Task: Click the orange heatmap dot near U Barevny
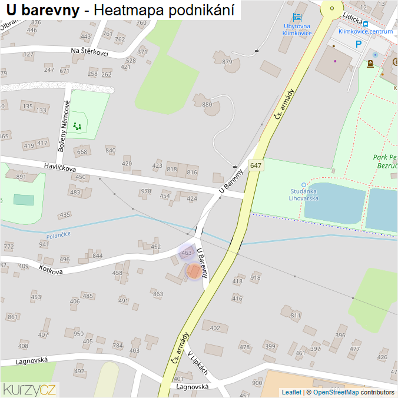pyautogui.click(x=193, y=271)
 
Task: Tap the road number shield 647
pyautogui.click(x=255, y=166)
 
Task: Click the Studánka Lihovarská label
pyautogui.click(x=304, y=194)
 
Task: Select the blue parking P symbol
pyautogui.click(x=358, y=44)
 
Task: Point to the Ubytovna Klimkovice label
pyautogui.click(x=297, y=30)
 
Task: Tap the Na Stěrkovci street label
pyautogui.click(x=89, y=52)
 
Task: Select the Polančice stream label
pyautogui.click(x=58, y=234)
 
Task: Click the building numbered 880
pyautogui.click(x=207, y=105)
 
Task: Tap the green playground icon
pyautogui.click(x=77, y=126)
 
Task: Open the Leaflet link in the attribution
pyautogui.click(x=291, y=392)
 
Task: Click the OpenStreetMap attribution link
pyautogui.click(x=336, y=392)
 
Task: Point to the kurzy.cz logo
pyautogui.click(x=29, y=389)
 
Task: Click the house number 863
pyautogui.click(x=158, y=294)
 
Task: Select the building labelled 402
pyautogui.click(x=215, y=328)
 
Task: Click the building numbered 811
pyautogui.click(x=295, y=316)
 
